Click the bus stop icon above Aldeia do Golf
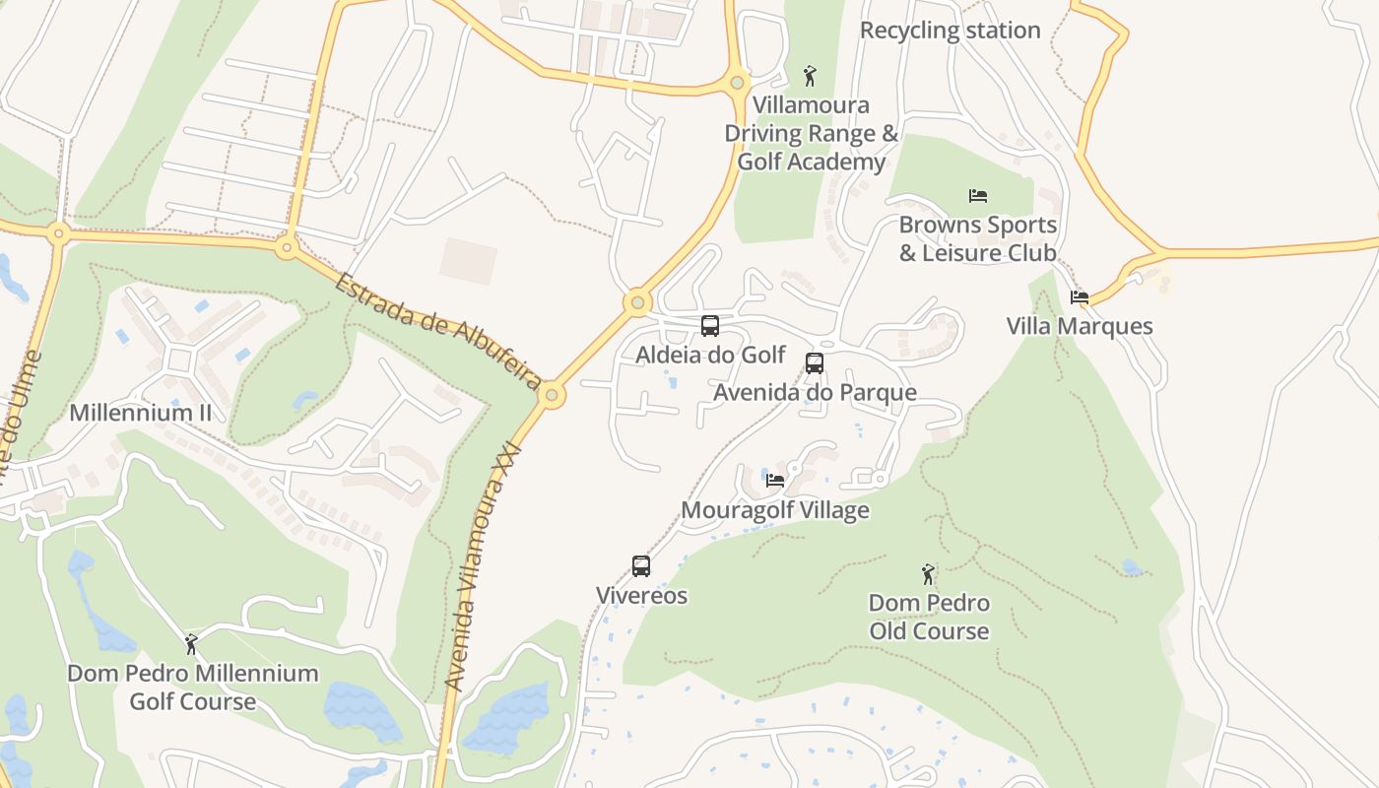[710, 326]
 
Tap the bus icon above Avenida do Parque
[815, 363]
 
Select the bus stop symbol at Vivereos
[641, 566]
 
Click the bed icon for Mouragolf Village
[775, 481]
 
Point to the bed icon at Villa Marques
[1080, 297]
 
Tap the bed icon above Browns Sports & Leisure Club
[978, 196]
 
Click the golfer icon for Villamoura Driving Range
[810, 76]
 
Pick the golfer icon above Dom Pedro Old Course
[928, 573]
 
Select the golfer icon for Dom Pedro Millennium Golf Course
[192, 644]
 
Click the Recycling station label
[950, 31]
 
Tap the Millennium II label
[140, 413]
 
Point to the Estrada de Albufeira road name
[439, 331]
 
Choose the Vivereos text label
[641, 596]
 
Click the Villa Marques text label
[1080, 326]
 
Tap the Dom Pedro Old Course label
[929, 617]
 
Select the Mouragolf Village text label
[775, 510]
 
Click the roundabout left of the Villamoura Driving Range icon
[737, 83]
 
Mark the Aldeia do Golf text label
[710, 355]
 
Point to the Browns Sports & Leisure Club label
[978, 239]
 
